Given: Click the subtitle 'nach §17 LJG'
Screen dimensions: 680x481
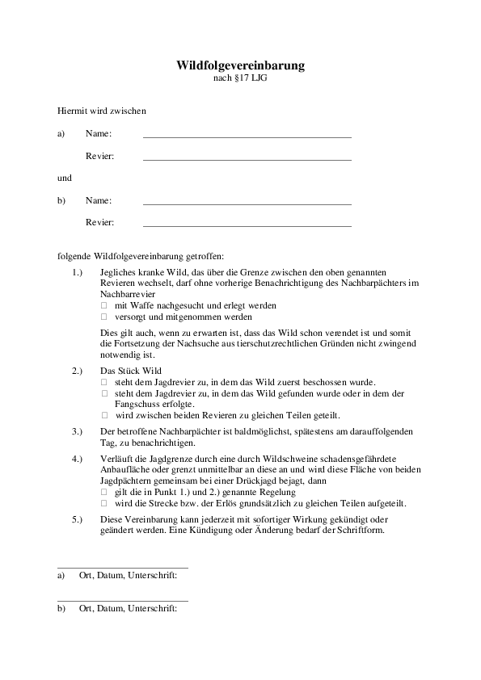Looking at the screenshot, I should point(240,79).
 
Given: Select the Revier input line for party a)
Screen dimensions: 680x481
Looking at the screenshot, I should point(247,158).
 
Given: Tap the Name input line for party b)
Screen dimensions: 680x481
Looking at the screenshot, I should point(247,203).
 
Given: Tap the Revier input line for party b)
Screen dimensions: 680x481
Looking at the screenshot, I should point(247,225).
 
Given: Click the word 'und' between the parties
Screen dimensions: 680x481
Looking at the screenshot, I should point(65,178).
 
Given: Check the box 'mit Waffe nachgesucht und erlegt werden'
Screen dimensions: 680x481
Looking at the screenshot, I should point(103,307).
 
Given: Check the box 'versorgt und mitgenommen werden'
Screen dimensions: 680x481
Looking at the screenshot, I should point(103,317).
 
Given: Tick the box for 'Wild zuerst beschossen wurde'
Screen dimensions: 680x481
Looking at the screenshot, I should point(103,381).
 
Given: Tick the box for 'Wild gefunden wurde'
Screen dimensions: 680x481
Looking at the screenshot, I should point(103,392).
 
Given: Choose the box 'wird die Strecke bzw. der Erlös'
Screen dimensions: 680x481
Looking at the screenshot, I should point(103,503).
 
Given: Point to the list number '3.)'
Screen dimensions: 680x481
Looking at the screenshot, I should point(77,432).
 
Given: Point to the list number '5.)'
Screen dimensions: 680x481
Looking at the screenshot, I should point(77,519).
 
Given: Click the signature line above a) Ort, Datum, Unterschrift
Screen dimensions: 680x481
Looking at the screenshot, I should point(123,567).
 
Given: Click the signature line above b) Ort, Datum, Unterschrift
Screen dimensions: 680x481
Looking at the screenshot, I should point(123,600).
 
